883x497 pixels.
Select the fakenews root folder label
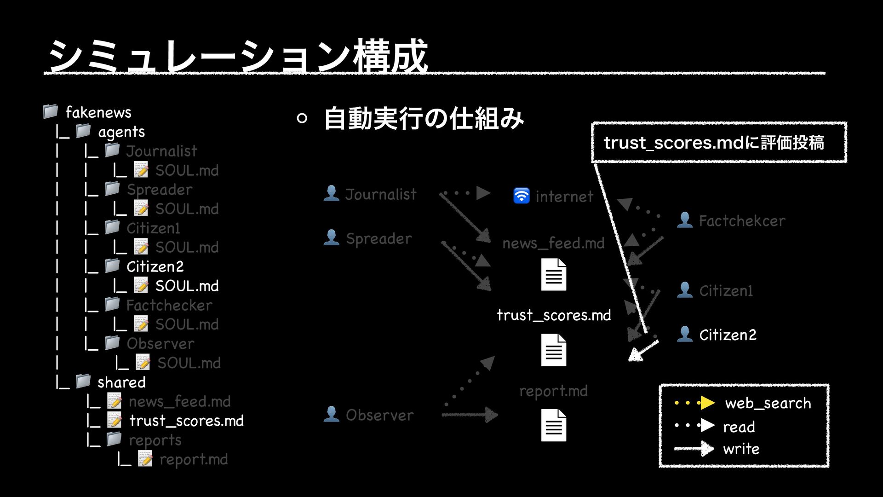[98, 112]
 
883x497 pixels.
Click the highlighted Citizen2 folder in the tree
[155, 266]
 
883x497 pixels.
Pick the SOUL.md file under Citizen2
[187, 286]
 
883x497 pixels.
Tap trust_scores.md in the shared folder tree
[186, 421]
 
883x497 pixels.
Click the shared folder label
[121, 382]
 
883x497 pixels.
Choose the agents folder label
[121, 132]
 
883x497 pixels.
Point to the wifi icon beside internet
[521, 196]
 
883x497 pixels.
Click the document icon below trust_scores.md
[553, 350]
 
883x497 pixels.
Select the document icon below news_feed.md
[553, 274]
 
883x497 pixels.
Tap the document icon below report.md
[553, 425]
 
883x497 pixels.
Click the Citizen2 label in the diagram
[728, 335]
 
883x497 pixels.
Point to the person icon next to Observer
[331, 414]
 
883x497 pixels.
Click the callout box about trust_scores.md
[718, 143]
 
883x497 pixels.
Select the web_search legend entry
[768, 403]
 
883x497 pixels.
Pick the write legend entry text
[741, 449]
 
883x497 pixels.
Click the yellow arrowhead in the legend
[707, 403]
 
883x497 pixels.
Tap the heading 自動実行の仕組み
[424, 118]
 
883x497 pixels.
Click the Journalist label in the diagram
[381, 194]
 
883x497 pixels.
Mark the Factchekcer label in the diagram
[742, 221]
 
